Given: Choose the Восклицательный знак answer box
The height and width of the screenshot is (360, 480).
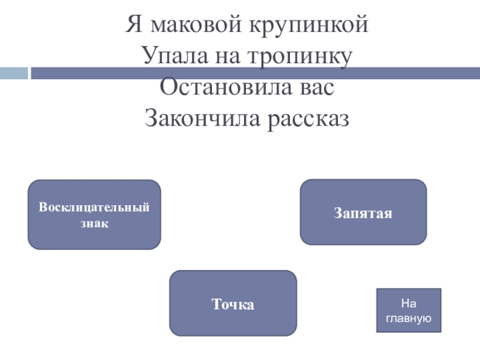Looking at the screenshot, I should tap(94, 214).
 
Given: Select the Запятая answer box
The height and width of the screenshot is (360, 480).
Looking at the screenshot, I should tap(363, 212).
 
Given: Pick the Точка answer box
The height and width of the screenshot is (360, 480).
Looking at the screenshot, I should tap(233, 303).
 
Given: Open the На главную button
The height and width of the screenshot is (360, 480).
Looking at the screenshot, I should tap(408, 311).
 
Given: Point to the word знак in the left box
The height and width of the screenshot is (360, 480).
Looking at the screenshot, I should tap(94, 223).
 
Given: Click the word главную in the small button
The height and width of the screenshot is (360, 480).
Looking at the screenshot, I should tap(408, 319).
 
